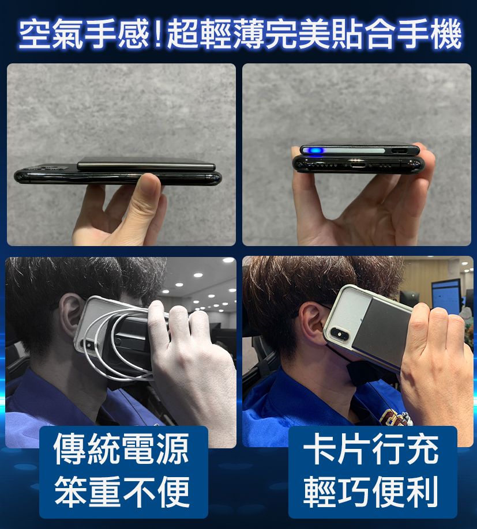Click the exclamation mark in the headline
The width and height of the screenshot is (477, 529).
tap(157, 35)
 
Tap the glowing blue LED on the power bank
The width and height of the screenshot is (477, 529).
tap(314, 150)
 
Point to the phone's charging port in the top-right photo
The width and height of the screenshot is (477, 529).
tap(357, 165)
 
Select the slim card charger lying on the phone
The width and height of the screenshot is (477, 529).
tap(146, 164)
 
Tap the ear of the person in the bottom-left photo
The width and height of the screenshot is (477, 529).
tap(69, 316)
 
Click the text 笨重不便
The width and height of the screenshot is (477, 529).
tap(122, 492)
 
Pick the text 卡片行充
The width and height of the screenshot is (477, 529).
tap(371, 449)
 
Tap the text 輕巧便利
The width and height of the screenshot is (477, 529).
tap(371, 492)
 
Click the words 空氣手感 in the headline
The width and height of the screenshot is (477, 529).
tap(84, 35)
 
